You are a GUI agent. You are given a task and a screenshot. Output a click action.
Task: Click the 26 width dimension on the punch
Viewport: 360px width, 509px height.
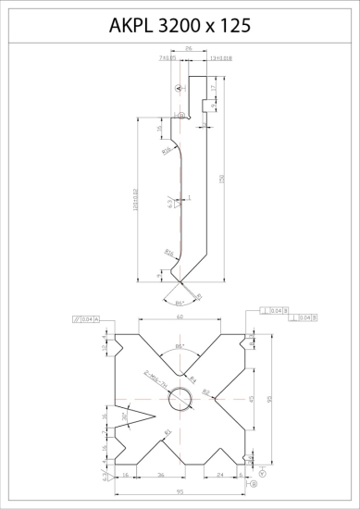(189, 49)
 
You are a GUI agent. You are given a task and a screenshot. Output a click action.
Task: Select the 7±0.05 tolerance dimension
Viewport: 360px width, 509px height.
(168, 57)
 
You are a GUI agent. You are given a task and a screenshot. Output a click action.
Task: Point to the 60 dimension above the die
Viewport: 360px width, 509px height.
(180, 317)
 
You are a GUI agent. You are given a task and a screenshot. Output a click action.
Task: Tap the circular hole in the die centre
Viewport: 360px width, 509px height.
(180, 399)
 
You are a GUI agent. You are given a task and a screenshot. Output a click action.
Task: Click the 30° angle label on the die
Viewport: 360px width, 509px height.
(125, 416)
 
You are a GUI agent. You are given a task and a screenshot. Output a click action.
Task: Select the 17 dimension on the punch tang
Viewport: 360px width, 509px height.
(215, 88)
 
